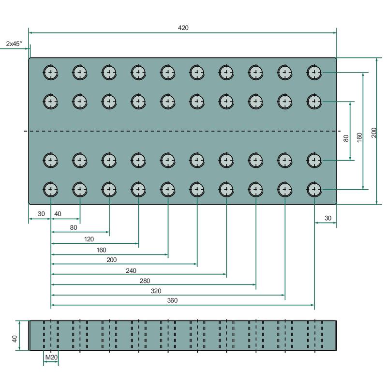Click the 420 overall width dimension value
(183, 28)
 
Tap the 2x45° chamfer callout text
(14, 44)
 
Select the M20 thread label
(51, 357)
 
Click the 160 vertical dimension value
(359, 137)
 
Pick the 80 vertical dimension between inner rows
(346, 138)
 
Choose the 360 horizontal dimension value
(173, 300)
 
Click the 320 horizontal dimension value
(169, 291)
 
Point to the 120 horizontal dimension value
(89, 239)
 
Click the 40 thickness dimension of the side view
(15, 339)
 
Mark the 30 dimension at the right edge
(328, 219)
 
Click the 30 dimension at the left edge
(41, 214)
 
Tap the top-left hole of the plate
(51, 73)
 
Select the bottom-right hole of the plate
(314, 189)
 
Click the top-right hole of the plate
(314, 73)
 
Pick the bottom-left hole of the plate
(51, 189)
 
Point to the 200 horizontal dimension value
(112, 260)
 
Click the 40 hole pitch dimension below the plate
(58, 214)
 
